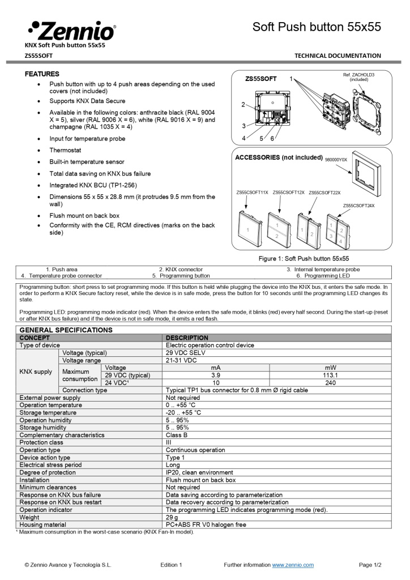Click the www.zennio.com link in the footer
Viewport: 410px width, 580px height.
(293, 565)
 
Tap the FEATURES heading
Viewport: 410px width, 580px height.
(42, 74)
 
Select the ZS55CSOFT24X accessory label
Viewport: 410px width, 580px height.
(358, 206)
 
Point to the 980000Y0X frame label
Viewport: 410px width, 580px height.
(336, 160)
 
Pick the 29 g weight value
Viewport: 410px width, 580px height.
(171, 517)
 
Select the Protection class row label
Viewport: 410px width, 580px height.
(41, 442)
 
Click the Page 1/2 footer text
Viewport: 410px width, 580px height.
(370, 565)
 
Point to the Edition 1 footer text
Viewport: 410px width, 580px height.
(171, 565)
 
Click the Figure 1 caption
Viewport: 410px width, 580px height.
(311, 258)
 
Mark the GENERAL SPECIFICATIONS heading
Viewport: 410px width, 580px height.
(66, 330)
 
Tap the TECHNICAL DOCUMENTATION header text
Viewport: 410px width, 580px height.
(338, 56)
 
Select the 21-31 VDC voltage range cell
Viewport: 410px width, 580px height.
(181, 360)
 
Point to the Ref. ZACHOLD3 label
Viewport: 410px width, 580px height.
(358, 77)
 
